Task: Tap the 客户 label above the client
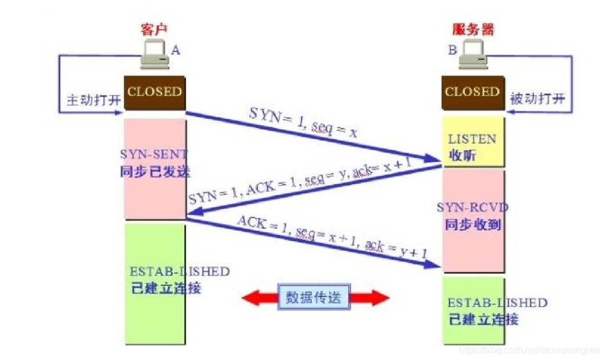154,30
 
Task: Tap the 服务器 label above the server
473,30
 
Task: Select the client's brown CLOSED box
154,92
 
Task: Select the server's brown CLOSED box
473,92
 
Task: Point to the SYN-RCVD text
473,208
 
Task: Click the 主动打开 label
92,101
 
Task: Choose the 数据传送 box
315,297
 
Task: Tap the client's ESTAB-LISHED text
179,272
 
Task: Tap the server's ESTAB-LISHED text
497,303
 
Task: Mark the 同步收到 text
473,226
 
